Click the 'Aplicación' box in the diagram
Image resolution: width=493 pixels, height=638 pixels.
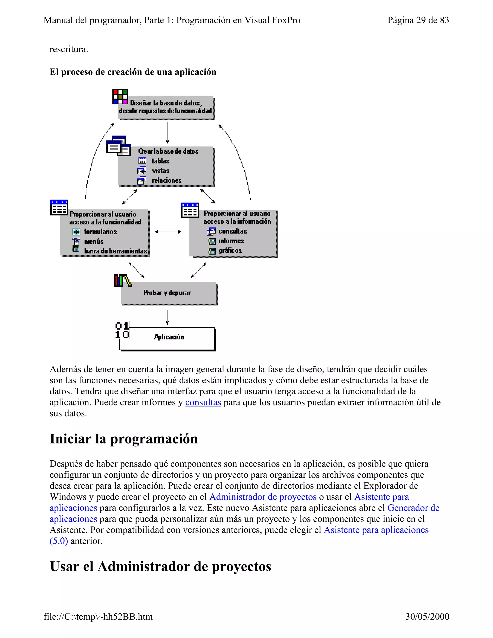pos(169,337)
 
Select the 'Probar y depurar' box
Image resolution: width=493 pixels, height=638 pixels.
pos(167,293)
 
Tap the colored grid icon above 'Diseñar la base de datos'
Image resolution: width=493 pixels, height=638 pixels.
pos(120,97)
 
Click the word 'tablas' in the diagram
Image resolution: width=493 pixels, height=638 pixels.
pos(160,161)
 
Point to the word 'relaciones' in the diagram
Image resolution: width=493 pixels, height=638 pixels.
pos(167,180)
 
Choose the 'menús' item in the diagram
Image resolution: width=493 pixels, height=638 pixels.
pos(94,241)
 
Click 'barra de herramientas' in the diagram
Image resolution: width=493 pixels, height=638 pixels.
pos(115,251)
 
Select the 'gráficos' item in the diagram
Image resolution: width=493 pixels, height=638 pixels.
pos(230,250)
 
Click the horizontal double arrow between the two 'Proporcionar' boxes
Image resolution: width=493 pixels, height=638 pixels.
pos(168,232)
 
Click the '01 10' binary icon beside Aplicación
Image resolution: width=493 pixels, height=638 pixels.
pos(122,330)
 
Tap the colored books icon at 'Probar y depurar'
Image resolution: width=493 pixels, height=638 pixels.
pos(122,280)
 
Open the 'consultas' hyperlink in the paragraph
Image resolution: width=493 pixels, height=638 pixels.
pos(203,402)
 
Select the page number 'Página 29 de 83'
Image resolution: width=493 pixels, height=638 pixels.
pos(418,20)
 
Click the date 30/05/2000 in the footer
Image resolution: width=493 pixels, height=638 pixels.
pos(427,616)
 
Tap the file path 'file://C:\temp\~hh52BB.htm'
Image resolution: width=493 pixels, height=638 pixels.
pos(98,616)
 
